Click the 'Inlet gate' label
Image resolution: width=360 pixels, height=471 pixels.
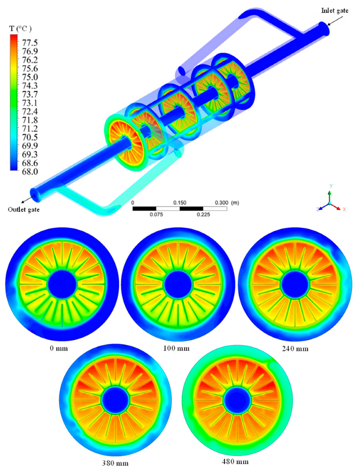point(335,11)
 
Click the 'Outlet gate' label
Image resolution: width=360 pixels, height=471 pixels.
point(24,209)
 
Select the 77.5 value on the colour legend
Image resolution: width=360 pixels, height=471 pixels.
point(30,42)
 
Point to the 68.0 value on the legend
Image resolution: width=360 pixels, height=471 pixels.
point(30,172)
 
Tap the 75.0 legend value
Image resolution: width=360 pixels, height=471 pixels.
point(30,77)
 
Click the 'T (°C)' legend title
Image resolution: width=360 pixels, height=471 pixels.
point(20,28)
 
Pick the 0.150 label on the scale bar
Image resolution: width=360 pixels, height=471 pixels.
point(180,203)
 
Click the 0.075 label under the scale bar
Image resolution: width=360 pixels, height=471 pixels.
point(156,215)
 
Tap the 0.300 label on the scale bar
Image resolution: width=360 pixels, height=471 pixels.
point(221,203)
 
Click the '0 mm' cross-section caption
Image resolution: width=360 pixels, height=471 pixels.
point(59,349)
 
